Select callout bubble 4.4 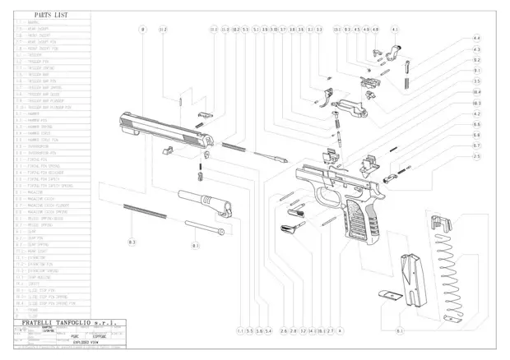[476, 39]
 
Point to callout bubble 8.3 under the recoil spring [132, 244]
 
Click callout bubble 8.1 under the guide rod [195, 245]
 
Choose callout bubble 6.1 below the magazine [400, 330]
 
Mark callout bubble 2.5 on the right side [476, 155]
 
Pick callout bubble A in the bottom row [340, 330]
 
